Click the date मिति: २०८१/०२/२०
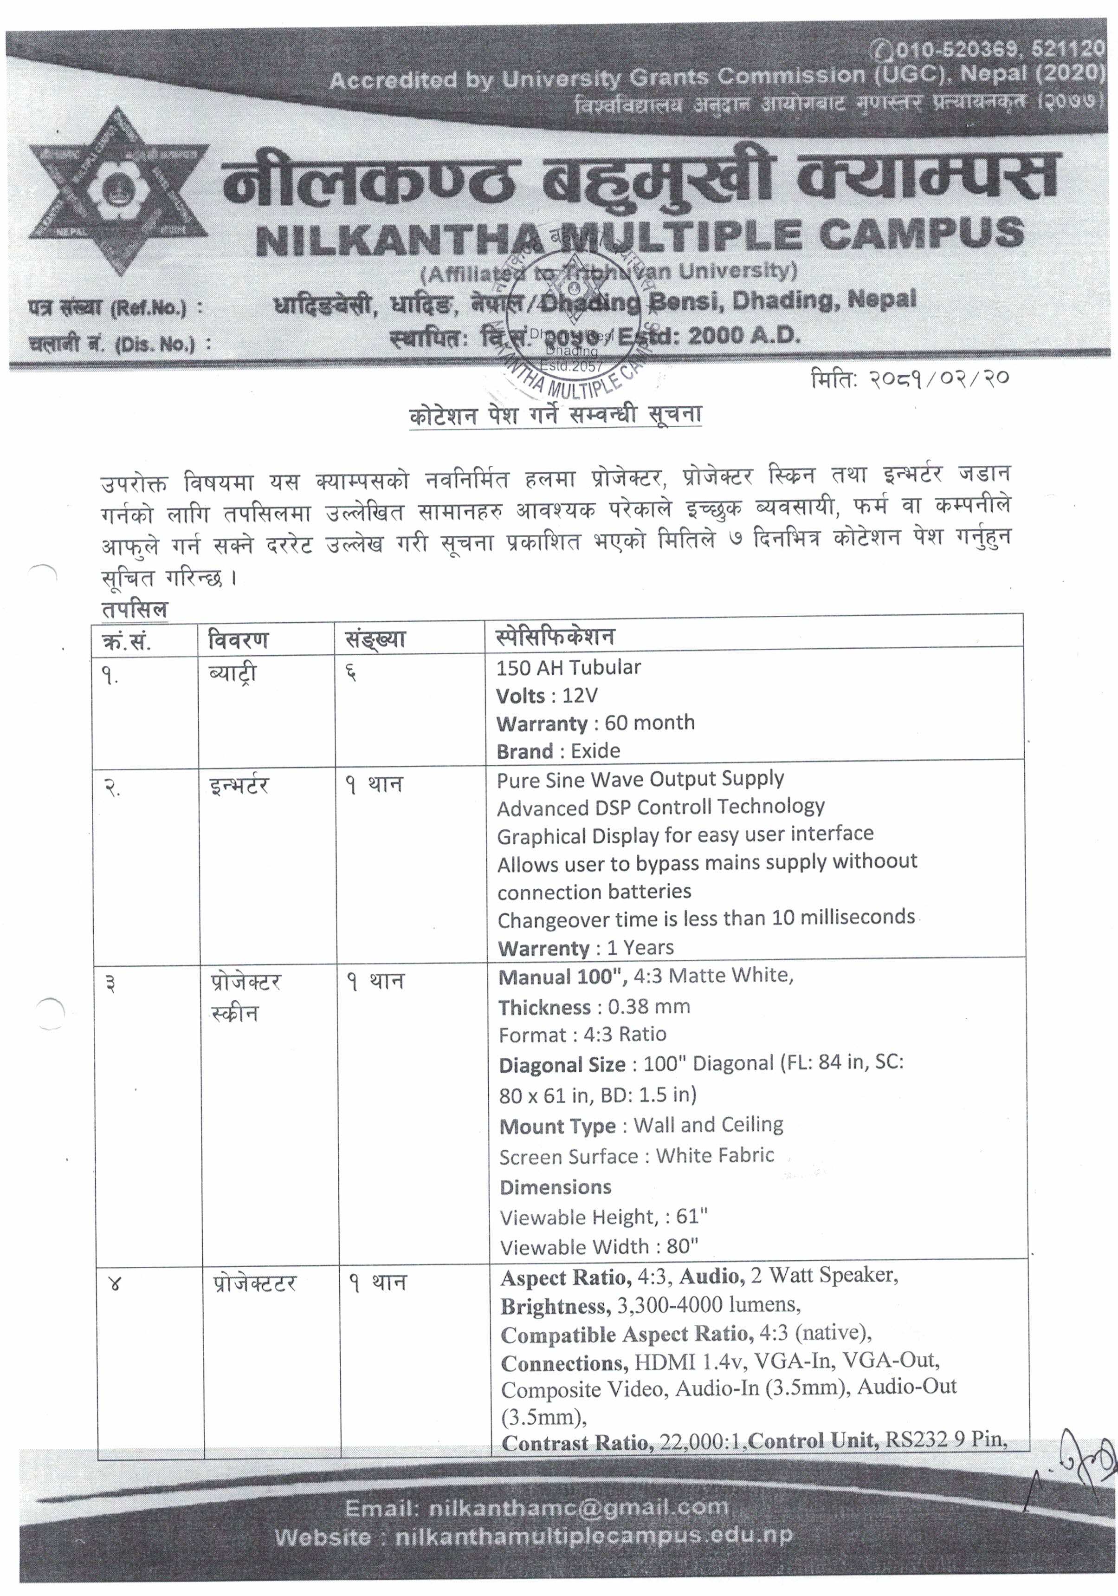[909, 379]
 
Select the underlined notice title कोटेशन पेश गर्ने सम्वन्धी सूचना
[555, 416]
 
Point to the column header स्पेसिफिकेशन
[555, 636]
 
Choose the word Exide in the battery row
[595, 751]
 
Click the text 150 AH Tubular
[569, 667]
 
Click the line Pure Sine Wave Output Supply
[640, 779]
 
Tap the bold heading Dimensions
[555, 1187]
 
